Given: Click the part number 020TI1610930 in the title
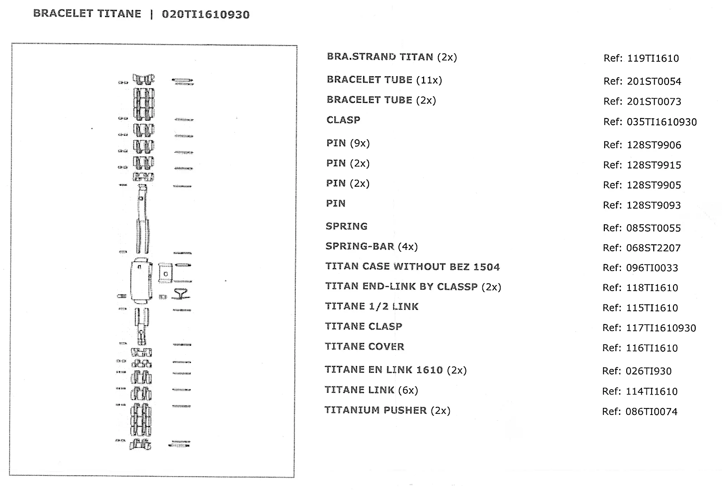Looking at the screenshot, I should pos(206,14).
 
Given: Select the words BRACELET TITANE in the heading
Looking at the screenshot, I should pos(87,14).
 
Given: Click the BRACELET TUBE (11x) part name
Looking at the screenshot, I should pos(384,80).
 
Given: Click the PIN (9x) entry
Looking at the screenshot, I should pos(348,143).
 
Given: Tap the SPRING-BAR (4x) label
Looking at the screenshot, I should pos(372,246).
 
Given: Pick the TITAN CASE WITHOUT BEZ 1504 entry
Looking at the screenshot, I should pos(412,267).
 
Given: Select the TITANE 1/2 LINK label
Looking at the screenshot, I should pos(372,306).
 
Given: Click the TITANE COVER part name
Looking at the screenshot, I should pos(364,347).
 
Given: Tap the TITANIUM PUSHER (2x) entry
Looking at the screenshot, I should pos(387,410).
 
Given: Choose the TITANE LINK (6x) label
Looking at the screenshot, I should pos(371,390).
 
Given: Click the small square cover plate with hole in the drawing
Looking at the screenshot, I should pos(165,273).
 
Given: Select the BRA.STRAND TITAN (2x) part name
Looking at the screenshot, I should pos(392,57).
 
